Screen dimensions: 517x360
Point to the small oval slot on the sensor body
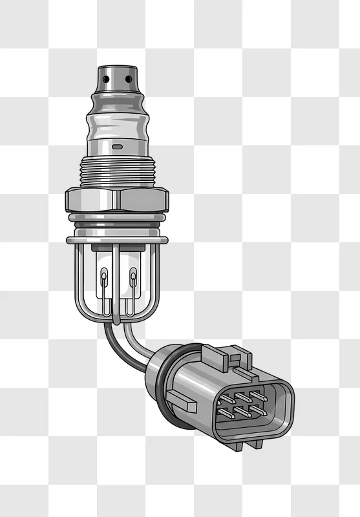click(x=118, y=147)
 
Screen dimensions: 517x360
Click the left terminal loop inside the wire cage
click(x=104, y=281)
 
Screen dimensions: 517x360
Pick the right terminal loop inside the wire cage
click(x=133, y=281)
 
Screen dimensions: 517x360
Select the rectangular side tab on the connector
click(x=181, y=401)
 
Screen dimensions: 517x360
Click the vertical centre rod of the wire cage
click(x=118, y=284)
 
